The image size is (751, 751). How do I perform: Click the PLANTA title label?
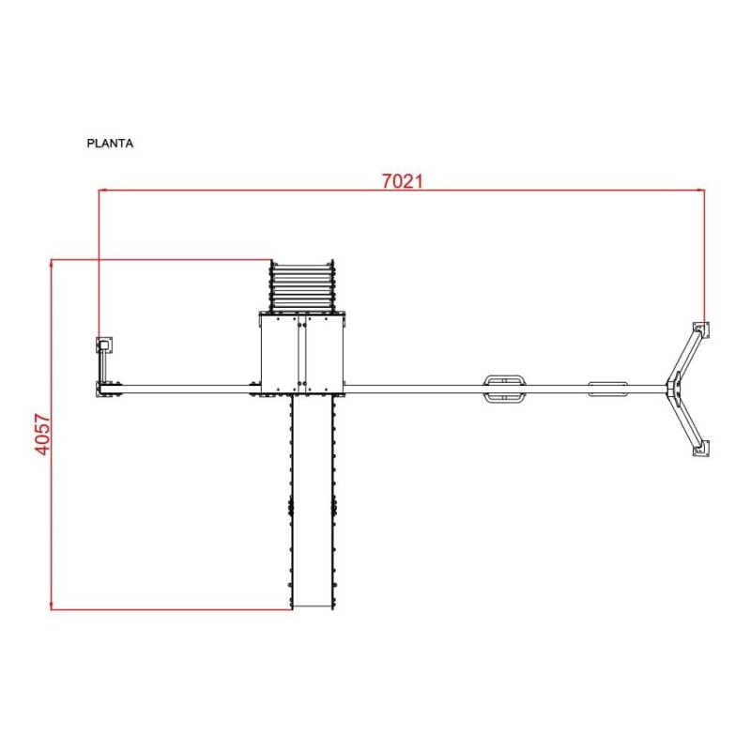point(110,144)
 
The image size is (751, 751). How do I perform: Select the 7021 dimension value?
point(403,181)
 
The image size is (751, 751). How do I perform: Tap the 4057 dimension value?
point(42,435)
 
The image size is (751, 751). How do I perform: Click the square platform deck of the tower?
point(302,353)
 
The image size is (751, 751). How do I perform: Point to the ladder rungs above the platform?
point(302,286)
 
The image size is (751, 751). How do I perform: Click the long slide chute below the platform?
point(313,501)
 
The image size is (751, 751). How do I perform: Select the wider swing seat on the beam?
point(504,388)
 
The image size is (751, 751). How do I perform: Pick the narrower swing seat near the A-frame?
point(607,389)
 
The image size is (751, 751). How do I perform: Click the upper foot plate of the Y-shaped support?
point(701,330)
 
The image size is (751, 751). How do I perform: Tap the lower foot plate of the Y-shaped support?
point(701,449)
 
